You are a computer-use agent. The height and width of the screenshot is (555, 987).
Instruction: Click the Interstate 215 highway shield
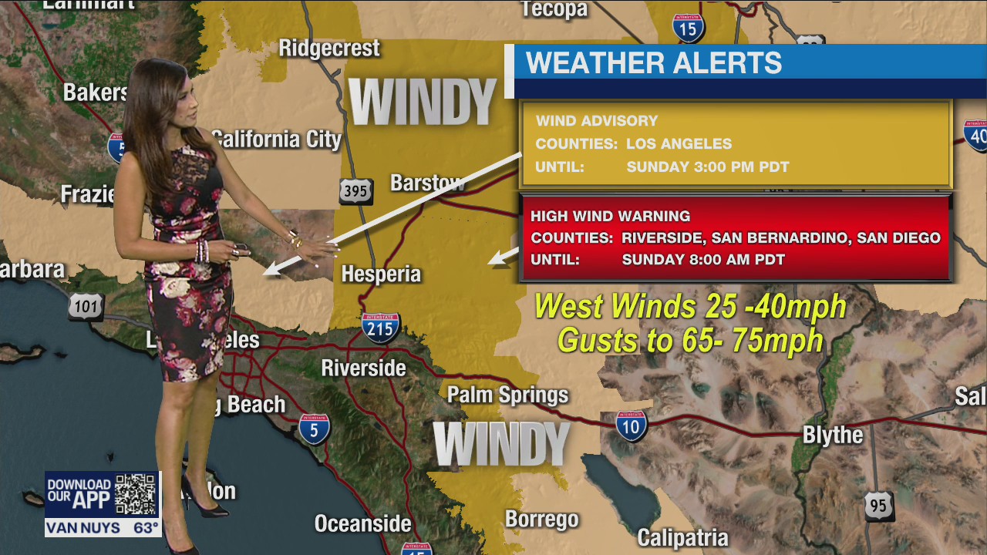tap(381, 327)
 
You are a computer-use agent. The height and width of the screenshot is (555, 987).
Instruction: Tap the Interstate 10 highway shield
tap(632, 425)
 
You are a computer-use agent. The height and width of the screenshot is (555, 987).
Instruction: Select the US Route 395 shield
tap(355, 191)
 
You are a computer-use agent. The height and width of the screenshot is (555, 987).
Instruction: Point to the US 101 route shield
tap(86, 307)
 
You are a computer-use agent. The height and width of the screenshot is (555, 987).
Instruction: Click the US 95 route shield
tap(878, 506)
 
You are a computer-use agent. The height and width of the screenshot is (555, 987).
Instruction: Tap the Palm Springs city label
tap(507, 395)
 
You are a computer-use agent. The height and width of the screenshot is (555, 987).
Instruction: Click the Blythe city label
tap(833, 435)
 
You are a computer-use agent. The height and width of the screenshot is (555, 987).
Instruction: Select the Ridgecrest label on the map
tap(329, 48)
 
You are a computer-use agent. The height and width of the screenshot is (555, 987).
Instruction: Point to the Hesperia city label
tap(381, 274)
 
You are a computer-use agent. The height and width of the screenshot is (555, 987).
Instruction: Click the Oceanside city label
tap(362, 524)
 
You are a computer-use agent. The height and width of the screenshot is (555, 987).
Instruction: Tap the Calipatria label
tap(682, 536)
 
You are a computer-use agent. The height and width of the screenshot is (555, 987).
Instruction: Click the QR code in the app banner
tap(136, 495)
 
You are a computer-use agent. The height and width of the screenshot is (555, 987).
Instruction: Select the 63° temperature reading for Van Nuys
tap(146, 528)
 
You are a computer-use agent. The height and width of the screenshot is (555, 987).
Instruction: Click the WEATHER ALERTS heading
tap(653, 63)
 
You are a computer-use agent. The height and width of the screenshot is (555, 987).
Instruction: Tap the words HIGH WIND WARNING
tap(610, 217)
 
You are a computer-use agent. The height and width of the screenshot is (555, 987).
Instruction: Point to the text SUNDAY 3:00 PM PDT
tap(707, 166)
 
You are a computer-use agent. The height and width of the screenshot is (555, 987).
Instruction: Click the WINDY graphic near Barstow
tap(423, 102)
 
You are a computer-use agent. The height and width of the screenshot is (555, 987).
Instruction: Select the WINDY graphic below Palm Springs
tap(501, 444)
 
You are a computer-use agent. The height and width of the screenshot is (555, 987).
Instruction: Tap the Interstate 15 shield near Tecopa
tap(688, 28)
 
